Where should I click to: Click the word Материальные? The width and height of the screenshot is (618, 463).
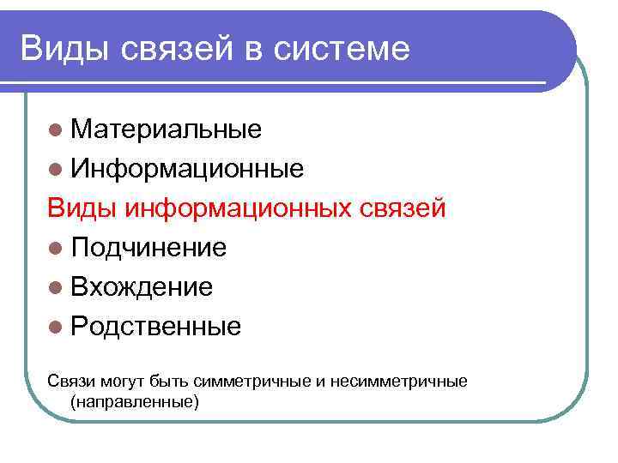(167, 129)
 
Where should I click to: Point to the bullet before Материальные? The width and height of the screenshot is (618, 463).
(56, 129)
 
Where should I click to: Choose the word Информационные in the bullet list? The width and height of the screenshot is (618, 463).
(187, 169)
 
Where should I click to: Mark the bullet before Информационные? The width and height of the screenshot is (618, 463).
(56, 169)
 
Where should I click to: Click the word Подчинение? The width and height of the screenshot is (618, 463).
(148, 248)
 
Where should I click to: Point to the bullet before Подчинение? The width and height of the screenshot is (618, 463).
(56, 248)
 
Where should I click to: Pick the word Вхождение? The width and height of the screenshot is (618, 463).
(142, 287)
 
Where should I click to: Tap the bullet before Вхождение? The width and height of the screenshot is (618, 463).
(56, 287)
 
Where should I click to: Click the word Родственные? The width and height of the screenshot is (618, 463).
(156, 327)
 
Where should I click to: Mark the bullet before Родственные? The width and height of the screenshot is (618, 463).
(56, 327)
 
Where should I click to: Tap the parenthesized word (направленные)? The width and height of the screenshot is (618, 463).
(135, 400)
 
